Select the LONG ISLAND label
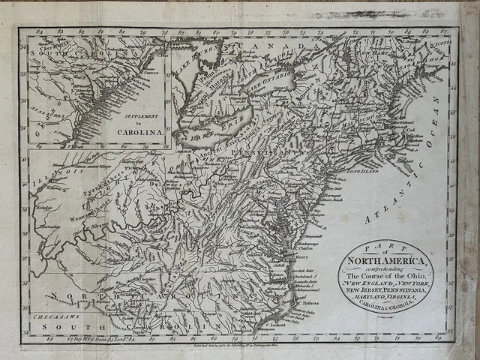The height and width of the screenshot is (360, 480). [361, 172]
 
